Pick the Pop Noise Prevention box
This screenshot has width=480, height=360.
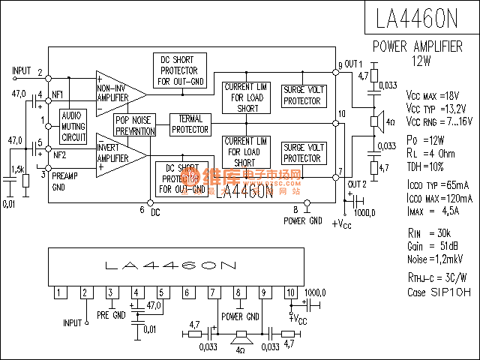(x=135, y=125)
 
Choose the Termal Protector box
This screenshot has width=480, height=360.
(x=190, y=124)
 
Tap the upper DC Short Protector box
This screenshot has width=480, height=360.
(x=181, y=70)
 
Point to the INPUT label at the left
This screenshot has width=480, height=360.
(x=22, y=71)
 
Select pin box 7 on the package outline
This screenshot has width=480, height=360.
(x=213, y=292)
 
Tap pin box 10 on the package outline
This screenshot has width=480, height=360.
(x=290, y=292)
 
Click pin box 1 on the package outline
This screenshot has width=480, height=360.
(x=58, y=292)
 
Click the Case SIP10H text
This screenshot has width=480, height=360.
(x=439, y=292)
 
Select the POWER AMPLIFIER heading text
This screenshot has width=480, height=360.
(x=418, y=46)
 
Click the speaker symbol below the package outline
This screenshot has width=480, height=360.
(x=241, y=335)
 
